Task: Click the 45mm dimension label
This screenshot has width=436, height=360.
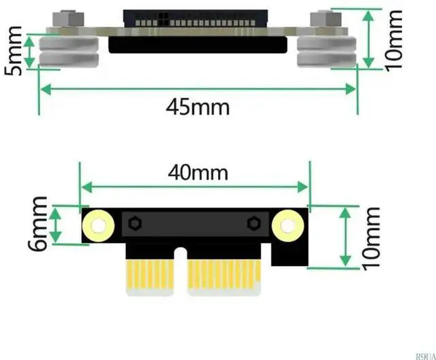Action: (x=198, y=107)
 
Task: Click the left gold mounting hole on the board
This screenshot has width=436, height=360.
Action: (x=97, y=225)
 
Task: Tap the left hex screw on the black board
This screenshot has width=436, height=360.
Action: (x=134, y=223)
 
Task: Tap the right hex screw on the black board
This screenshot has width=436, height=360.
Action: (x=253, y=223)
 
